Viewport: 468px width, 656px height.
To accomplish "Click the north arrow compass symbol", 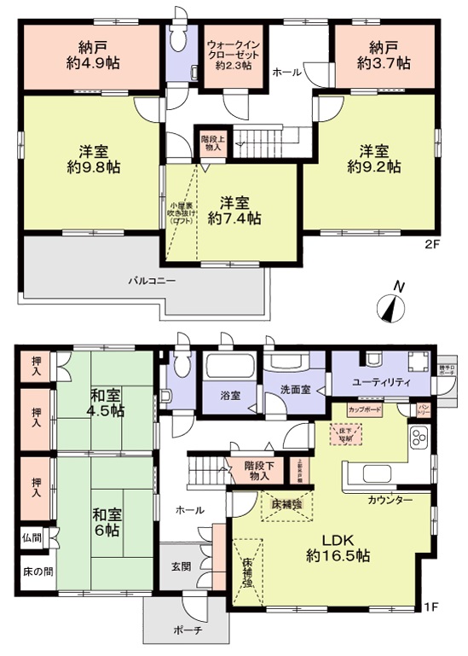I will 392,305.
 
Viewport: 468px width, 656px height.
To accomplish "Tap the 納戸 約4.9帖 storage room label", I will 90,55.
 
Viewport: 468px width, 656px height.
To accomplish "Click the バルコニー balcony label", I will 153,280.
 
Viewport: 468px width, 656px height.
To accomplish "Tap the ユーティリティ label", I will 383,382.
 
